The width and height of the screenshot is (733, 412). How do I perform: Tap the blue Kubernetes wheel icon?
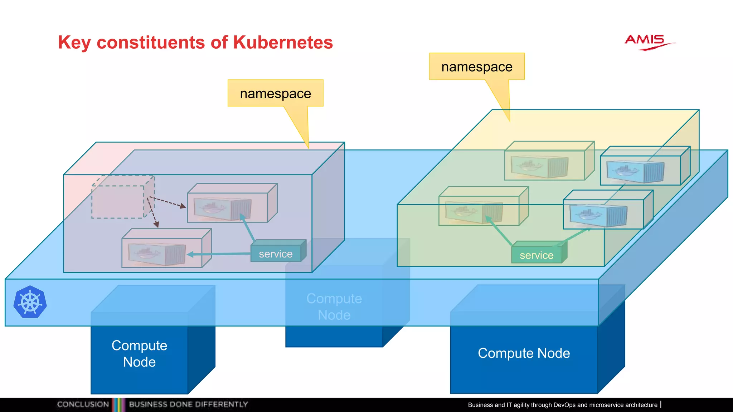tap(30, 302)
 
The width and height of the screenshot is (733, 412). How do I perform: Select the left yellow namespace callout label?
tap(275, 93)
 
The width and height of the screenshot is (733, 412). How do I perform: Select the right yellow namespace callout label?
tap(477, 67)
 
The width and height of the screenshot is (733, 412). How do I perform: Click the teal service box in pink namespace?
tap(276, 254)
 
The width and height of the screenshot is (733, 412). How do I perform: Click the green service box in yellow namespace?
tap(537, 255)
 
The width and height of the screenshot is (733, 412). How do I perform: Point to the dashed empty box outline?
tap(118, 201)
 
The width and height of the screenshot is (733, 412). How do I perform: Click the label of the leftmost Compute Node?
tap(139, 353)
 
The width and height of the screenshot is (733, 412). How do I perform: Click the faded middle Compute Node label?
tap(334, 306)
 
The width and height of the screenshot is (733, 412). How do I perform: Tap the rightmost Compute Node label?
tap(524, 353)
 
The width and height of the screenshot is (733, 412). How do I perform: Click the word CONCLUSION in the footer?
tap(83, 404)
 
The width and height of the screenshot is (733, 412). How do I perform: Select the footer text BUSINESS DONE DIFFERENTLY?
tap(188, 404)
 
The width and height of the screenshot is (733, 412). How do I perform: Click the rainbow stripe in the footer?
tap(119, 404)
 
